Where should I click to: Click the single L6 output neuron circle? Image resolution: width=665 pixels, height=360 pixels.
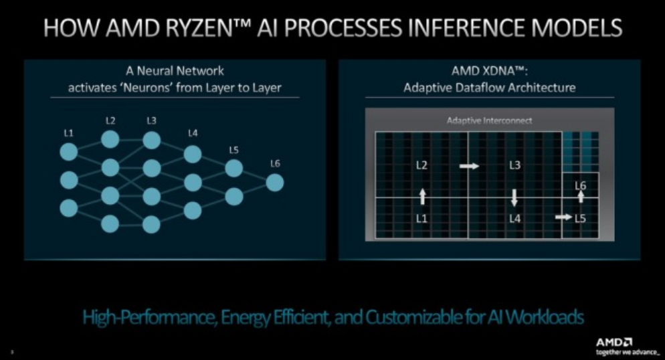coord(275,182)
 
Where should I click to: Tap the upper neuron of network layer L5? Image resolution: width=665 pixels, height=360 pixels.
coord(233,169)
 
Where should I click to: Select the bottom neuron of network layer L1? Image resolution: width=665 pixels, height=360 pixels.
coord(69,208)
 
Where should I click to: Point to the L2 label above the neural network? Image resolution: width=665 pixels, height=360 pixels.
coord(110,121)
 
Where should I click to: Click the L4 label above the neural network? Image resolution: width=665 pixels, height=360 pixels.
coord(193,133)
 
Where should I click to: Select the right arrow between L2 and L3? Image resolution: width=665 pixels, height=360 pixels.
coord(469,166)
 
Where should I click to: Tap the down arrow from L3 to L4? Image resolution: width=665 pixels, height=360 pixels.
coord(514,197)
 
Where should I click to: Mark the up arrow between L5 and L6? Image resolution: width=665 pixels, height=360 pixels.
coord(581,196)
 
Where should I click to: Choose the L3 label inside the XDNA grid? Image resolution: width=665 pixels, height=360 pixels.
coord(514,166)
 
